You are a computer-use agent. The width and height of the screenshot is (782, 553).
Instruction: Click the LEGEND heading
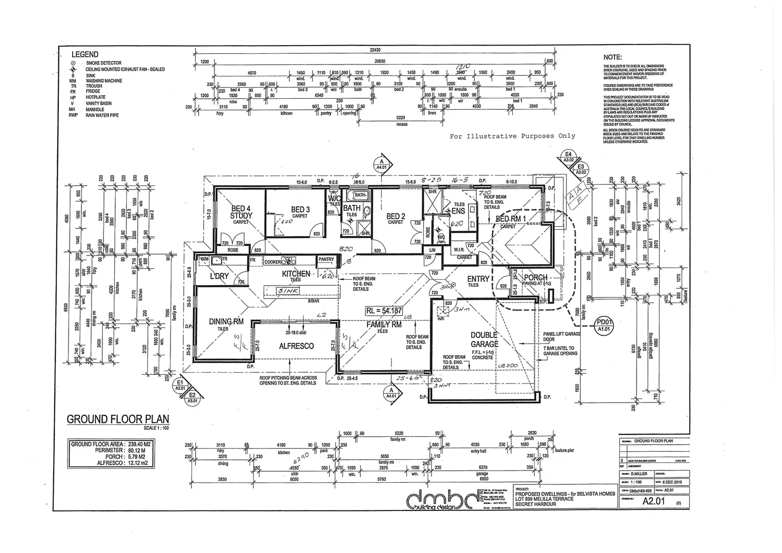[x=85, y=54]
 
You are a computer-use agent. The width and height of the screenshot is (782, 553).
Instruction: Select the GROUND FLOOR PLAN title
[x=118, y=419]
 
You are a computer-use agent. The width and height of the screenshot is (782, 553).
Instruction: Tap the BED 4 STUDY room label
[x=241, y=212]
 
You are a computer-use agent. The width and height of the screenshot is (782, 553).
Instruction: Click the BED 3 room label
[x=300, y=209]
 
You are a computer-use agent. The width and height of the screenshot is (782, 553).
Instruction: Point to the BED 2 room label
[x=396, y=217]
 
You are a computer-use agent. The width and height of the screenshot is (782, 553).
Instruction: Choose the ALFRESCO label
[x=296, y=346]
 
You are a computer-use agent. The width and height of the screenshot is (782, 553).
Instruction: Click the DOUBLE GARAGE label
[x=484, y=339]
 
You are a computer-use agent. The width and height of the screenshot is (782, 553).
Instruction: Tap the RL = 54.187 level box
[x=384, y=311]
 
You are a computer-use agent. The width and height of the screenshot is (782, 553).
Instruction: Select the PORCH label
[x=535, y=278]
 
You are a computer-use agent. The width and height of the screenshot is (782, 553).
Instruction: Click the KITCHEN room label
[x=296, y=274]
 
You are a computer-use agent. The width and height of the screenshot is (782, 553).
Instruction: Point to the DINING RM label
[x=226, y=322]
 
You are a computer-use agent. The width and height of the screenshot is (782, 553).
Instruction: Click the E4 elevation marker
[x=569, y=155]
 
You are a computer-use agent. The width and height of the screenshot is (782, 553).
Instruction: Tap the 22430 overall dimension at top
[x=375, y=50]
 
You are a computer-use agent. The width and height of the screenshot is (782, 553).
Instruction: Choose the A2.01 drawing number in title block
[x=653, y=501]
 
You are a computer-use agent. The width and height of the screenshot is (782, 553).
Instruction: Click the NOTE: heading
[x=613, y=58]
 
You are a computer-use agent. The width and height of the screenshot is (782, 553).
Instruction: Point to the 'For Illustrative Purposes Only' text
[x=512, y=136]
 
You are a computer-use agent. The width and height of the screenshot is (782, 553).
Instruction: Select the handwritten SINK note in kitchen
[x=288, y=291]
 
